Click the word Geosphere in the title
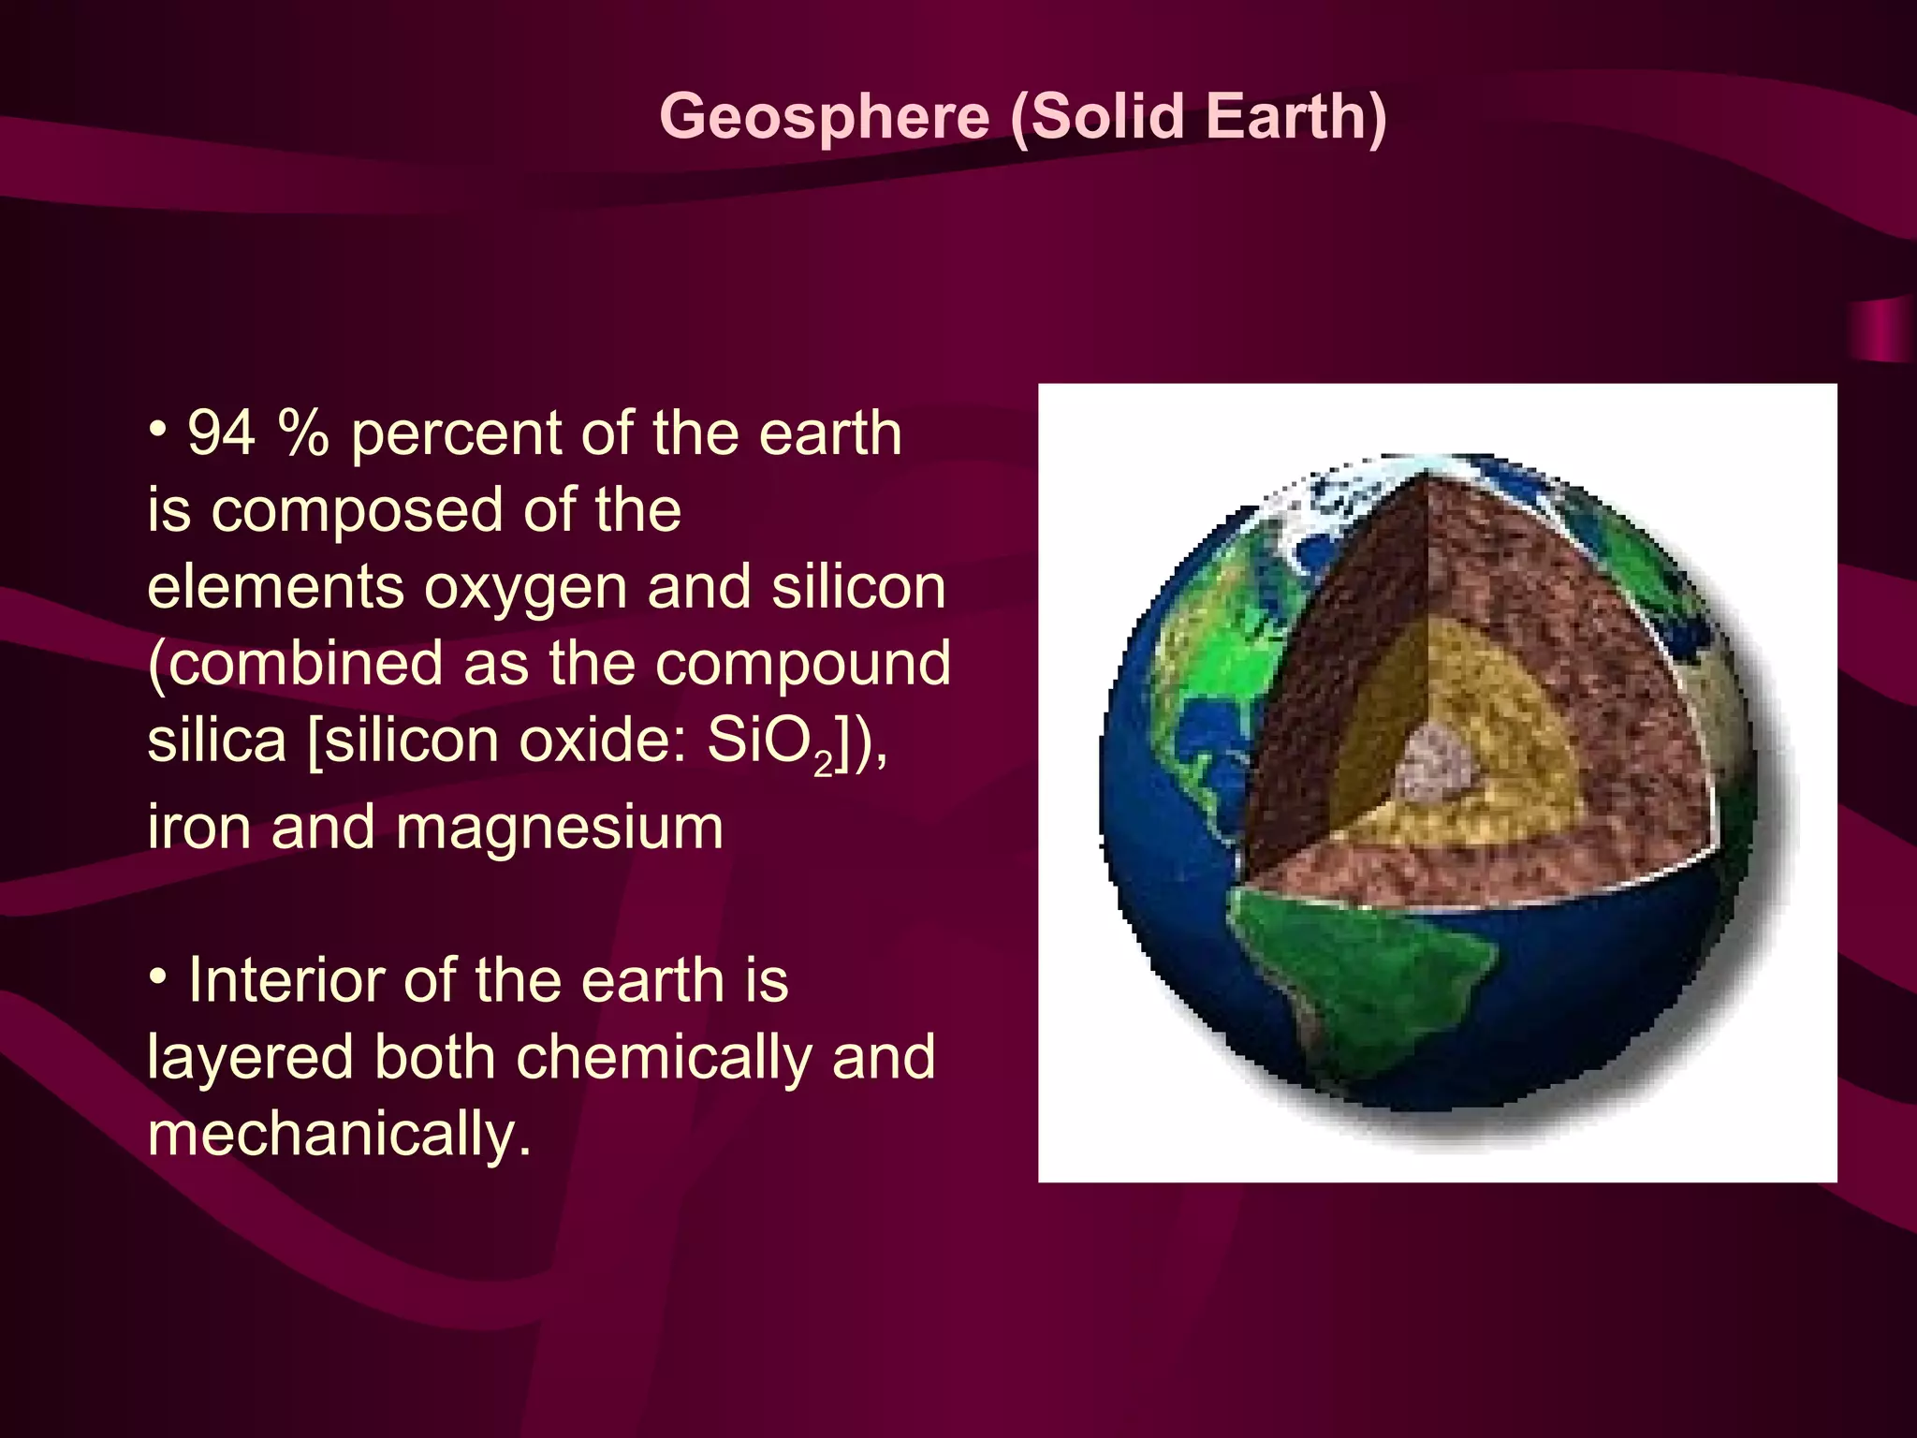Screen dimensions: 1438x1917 click(x=824, y=117)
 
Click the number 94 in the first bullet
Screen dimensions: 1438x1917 click(x=222, y=433)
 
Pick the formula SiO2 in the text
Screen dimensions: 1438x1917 click(x=769, y=742)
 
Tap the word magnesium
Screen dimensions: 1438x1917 click(x=559, y=829)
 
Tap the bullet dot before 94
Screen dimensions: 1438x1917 click(x=158, y=432)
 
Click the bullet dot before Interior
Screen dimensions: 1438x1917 click(x=158, y=978)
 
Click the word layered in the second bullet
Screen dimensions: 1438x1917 click(x=249, y=1058)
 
